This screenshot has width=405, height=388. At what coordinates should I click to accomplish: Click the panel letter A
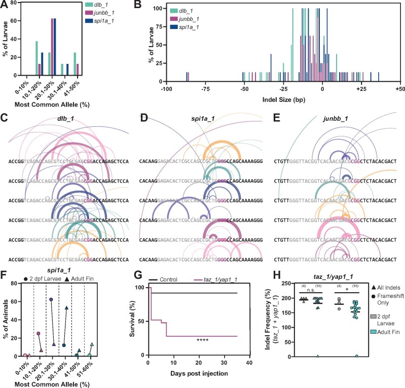click(4, 5)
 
